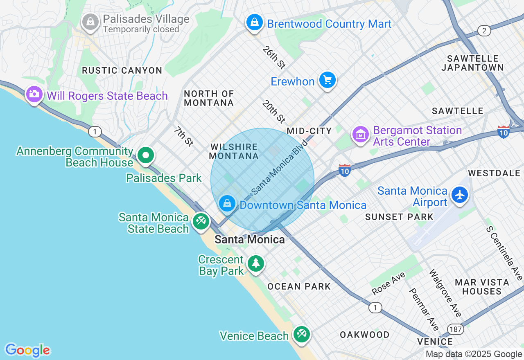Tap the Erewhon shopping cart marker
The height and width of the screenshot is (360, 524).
(327, 80)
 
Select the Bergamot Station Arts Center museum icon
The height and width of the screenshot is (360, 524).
(360, 134)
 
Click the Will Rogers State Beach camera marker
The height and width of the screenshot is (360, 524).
(34, 94)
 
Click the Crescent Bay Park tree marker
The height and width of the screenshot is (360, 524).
(256, 263)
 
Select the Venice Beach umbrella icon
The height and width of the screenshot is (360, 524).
(302, 334)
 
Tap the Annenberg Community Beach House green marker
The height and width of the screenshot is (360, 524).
(145, 155)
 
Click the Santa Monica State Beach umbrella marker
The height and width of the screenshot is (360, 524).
(201, 222)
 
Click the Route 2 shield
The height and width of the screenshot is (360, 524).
(484, 31)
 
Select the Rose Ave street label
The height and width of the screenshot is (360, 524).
(388, 283)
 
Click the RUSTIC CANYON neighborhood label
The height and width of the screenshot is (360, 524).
(122, 70)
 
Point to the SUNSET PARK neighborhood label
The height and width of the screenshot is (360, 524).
(399, 217)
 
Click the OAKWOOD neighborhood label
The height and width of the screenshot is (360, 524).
(365, 335)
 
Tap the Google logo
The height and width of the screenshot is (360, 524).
(27, 350)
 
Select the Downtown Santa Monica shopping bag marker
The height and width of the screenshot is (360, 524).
(227, 203)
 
